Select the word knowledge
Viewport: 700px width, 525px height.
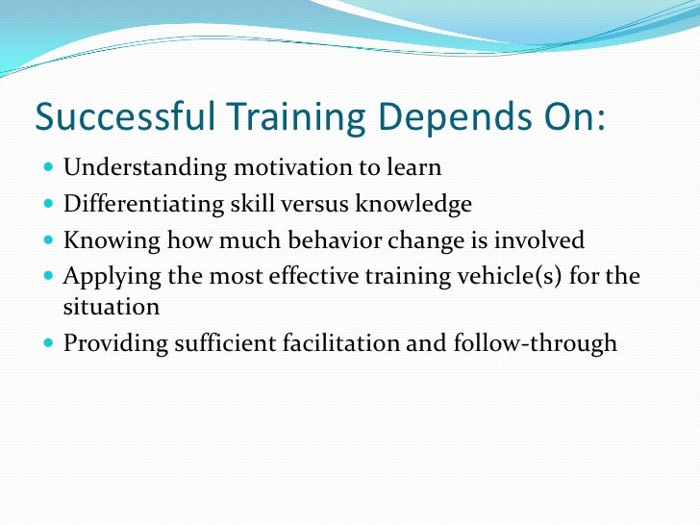pos(414,204)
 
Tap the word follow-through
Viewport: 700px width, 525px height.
pos(535,344)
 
